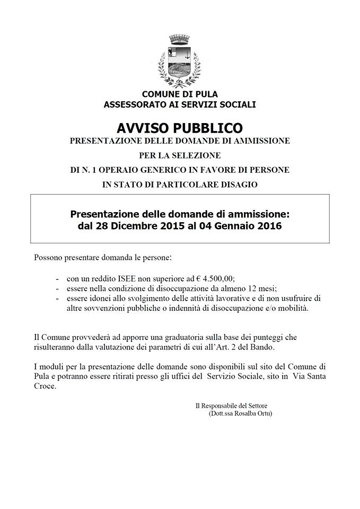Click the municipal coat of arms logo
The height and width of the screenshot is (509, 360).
(180, 60)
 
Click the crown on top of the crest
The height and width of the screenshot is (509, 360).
(180, 40)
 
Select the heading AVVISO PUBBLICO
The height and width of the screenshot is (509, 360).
(180, 129)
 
